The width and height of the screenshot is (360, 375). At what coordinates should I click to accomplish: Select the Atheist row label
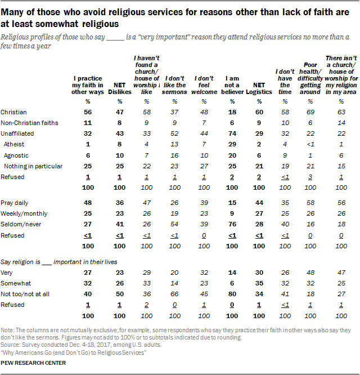tap(15, 144)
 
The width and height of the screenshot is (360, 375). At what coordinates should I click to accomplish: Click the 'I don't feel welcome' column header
tap(202, 82)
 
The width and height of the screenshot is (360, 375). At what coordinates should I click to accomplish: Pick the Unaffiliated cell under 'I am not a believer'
tap(230, 133)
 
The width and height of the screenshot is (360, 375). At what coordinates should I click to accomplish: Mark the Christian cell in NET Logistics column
tap(258, 113)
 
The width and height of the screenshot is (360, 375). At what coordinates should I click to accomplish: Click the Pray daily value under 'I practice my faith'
tap(88, 202)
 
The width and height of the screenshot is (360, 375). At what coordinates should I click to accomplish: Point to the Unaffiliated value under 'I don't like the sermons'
tap(174, 133)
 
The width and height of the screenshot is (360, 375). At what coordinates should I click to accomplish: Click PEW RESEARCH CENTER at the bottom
tap(33, 363)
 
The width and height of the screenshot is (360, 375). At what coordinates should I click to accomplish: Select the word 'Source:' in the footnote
tap(10, 343)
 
